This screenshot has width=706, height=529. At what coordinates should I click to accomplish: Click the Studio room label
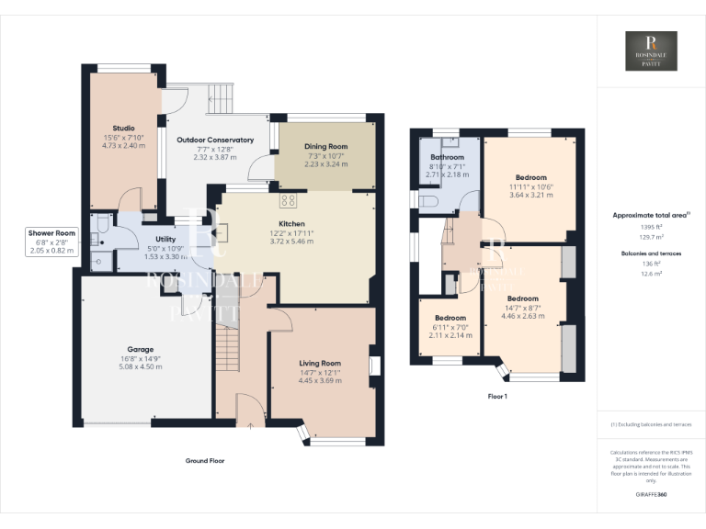coord(123,128)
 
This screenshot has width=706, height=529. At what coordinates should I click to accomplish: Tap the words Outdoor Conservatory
coord(214,140)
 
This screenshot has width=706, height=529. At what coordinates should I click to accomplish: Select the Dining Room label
coord(325,146)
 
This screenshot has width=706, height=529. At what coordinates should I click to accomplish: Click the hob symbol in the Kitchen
coord(288,201)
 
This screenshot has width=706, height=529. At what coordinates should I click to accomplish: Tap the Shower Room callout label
coord(51,234)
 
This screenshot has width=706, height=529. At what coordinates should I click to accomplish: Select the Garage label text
coord(140,349)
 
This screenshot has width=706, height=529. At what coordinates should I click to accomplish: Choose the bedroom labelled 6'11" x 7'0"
coord(450,326)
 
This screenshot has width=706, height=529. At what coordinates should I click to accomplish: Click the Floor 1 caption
coord(496,397)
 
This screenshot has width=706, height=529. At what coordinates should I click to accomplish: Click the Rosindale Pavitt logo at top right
coord(651,51)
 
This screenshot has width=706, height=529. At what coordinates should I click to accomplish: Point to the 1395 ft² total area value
coord(651,226)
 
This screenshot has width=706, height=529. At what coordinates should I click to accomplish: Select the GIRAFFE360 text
coord(651,494)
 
